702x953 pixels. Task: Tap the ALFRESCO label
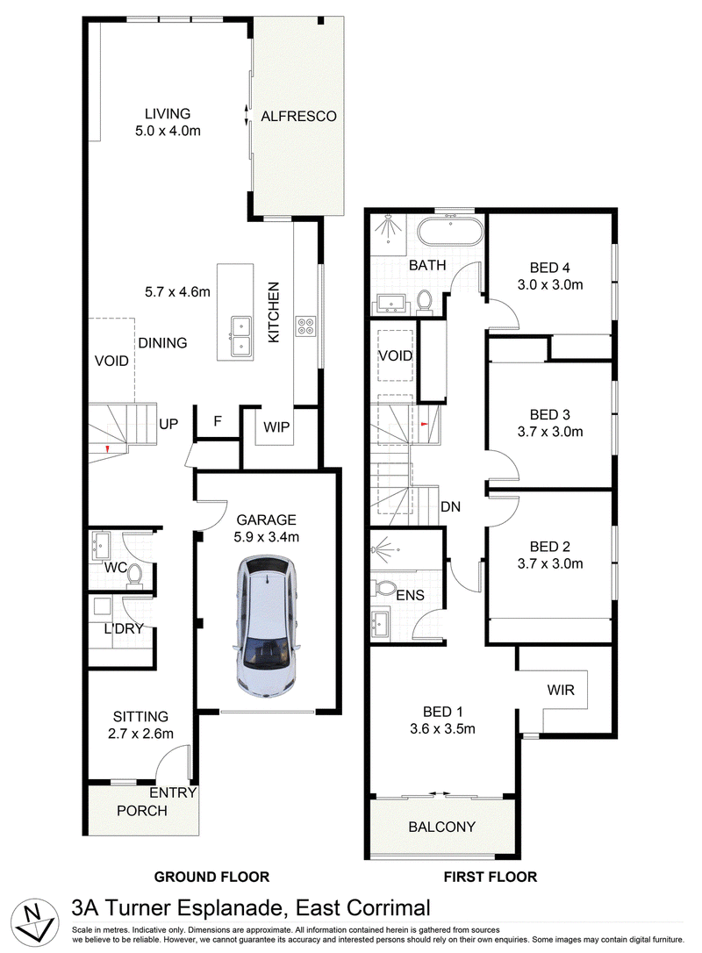[298, 116]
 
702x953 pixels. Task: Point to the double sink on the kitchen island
[240, 336]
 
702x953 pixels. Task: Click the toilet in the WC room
[134, 576]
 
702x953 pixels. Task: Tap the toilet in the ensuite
[383, 588]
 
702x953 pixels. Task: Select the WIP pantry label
[276, 427]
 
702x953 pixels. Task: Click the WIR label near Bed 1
[561, 690]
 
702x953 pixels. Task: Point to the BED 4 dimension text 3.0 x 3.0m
[550, 284]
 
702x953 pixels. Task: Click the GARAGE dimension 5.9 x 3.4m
[266, 537]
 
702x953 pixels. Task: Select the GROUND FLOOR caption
[211, 877]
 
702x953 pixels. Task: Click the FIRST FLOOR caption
[491, 877]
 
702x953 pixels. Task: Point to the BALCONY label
[442, 827]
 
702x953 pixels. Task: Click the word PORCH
[141, 811]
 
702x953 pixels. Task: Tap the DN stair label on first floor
[450, 506]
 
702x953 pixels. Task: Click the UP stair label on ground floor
[168, 424]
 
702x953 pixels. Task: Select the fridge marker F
[218, 421]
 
